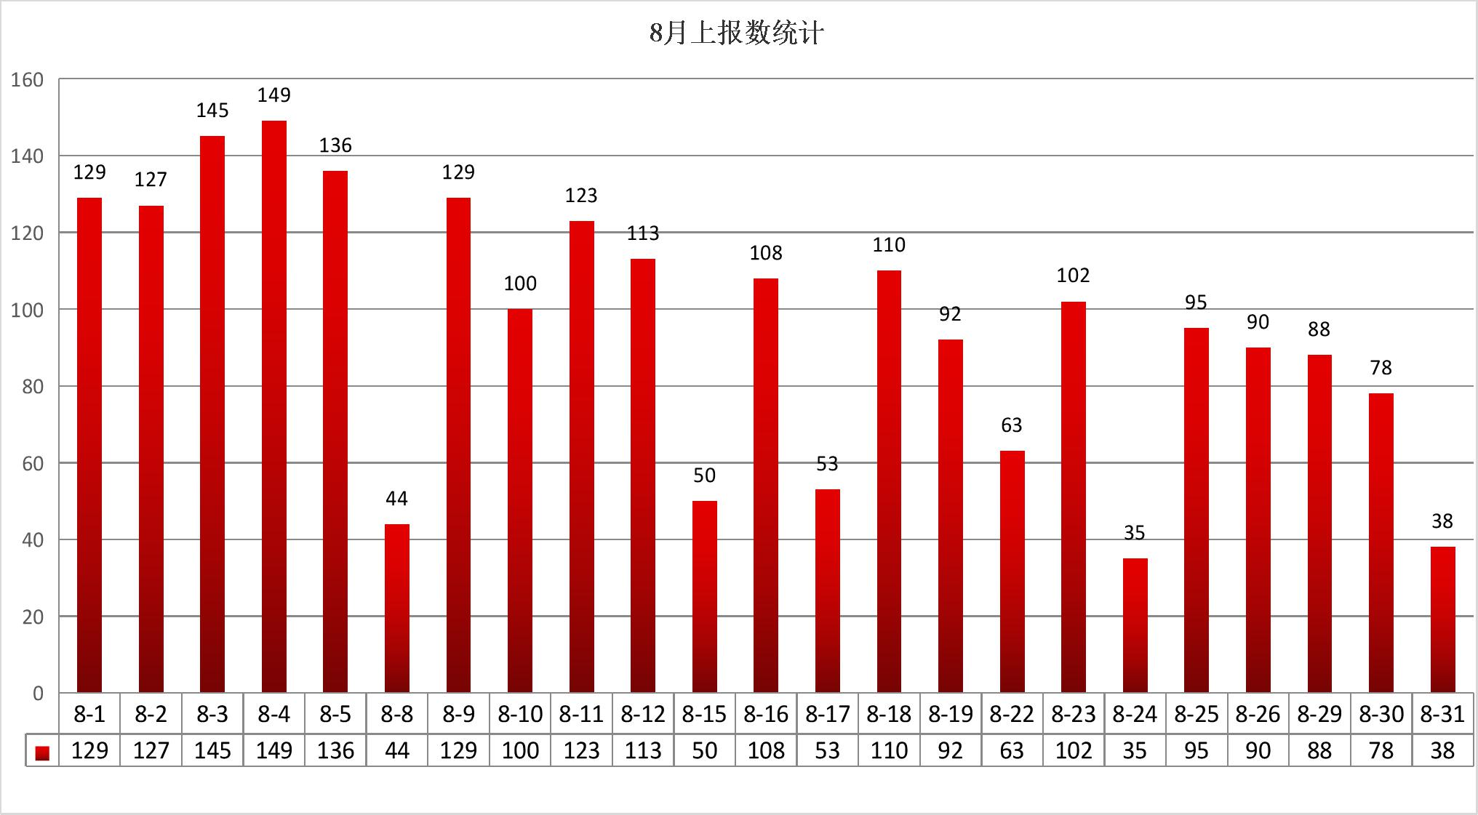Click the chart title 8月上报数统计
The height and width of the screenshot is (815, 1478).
(x=736, y=33)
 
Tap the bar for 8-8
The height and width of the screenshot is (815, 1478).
(x=397, y=608)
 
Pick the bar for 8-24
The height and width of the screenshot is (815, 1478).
(x=1135, y=625)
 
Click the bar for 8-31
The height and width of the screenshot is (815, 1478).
(x=1442, y=619)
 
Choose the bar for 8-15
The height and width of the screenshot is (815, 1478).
(x=704, y=596)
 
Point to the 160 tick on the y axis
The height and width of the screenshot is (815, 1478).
(x=27, y=80)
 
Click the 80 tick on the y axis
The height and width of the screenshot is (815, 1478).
(x=33, y=387)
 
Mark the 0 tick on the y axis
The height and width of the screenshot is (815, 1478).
(x=38, y=694)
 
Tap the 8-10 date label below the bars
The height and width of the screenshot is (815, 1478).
(x=520, y=715)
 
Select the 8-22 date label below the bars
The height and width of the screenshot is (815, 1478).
(x=1012, y=715)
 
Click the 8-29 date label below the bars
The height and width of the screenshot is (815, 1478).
(x=1319, y=715)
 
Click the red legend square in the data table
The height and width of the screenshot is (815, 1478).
(x=42, y=752)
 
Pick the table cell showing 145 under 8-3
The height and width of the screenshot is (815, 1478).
(x=212, y=751)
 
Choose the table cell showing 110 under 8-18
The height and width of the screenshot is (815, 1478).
(x=889, y=751)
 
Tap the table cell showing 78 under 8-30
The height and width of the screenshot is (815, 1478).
(x=1381, y=751)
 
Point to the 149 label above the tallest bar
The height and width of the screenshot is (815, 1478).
(x=274, y=95)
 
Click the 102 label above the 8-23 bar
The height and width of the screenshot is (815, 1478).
(x=1073, y=276)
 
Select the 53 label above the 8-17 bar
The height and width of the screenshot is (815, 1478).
(x=827, y=464)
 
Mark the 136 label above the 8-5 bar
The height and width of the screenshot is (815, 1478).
(x=335, y=145)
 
